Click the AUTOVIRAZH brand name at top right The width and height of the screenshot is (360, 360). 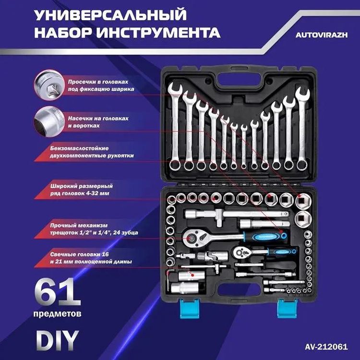(319, 35)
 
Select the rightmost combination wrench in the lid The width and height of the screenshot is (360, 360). (301, 127)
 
